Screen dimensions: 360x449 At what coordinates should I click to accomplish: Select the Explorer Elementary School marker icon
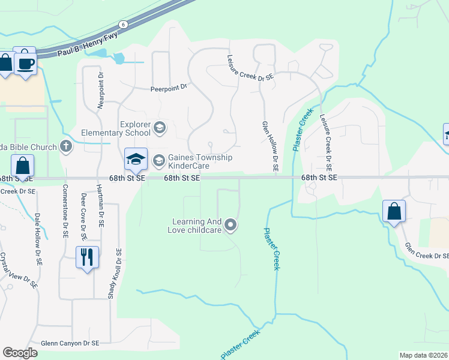click(160, 127)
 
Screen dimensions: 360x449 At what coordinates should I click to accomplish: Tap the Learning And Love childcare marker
click(231, 226)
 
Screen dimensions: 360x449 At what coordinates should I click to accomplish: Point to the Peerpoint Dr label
click(169, 88)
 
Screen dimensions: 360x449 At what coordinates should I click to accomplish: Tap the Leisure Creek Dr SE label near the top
click(250, 67)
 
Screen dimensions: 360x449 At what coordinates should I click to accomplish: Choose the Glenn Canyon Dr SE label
click(70, 344)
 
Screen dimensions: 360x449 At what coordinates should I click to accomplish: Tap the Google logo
click(20, 353)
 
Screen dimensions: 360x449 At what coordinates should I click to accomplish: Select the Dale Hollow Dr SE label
click(38, 240)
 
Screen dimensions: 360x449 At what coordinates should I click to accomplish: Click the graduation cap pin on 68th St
click(136, 158)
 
